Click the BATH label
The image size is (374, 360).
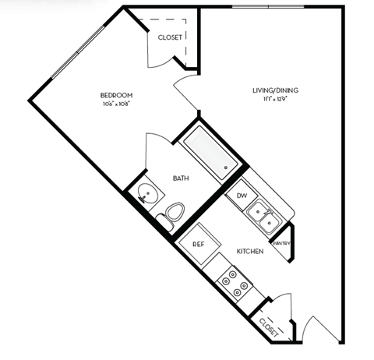181,178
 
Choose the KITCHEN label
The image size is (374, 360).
250,252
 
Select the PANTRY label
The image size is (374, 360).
282,243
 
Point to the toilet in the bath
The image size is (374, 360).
174,214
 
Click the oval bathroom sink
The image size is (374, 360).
145,195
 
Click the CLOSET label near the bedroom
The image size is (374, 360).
170,37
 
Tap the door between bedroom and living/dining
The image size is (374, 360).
185,97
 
